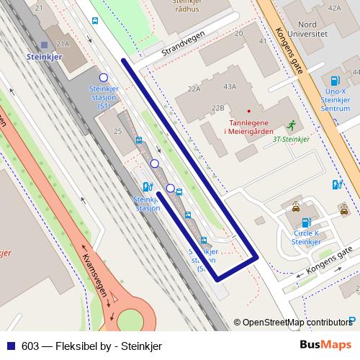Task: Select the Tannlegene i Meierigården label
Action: pos(249,126)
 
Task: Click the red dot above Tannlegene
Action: pos(249,111)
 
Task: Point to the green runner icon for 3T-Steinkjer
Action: pos(291,125)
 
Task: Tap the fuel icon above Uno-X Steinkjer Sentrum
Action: pos(333,81)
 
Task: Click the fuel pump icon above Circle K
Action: pos(306,222)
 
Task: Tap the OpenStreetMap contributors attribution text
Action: pos(297,323)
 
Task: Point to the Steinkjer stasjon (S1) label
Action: pos(103,96)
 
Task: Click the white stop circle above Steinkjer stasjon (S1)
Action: pos(104,77)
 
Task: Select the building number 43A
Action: pos(230,86)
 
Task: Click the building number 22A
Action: pos(193,89)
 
